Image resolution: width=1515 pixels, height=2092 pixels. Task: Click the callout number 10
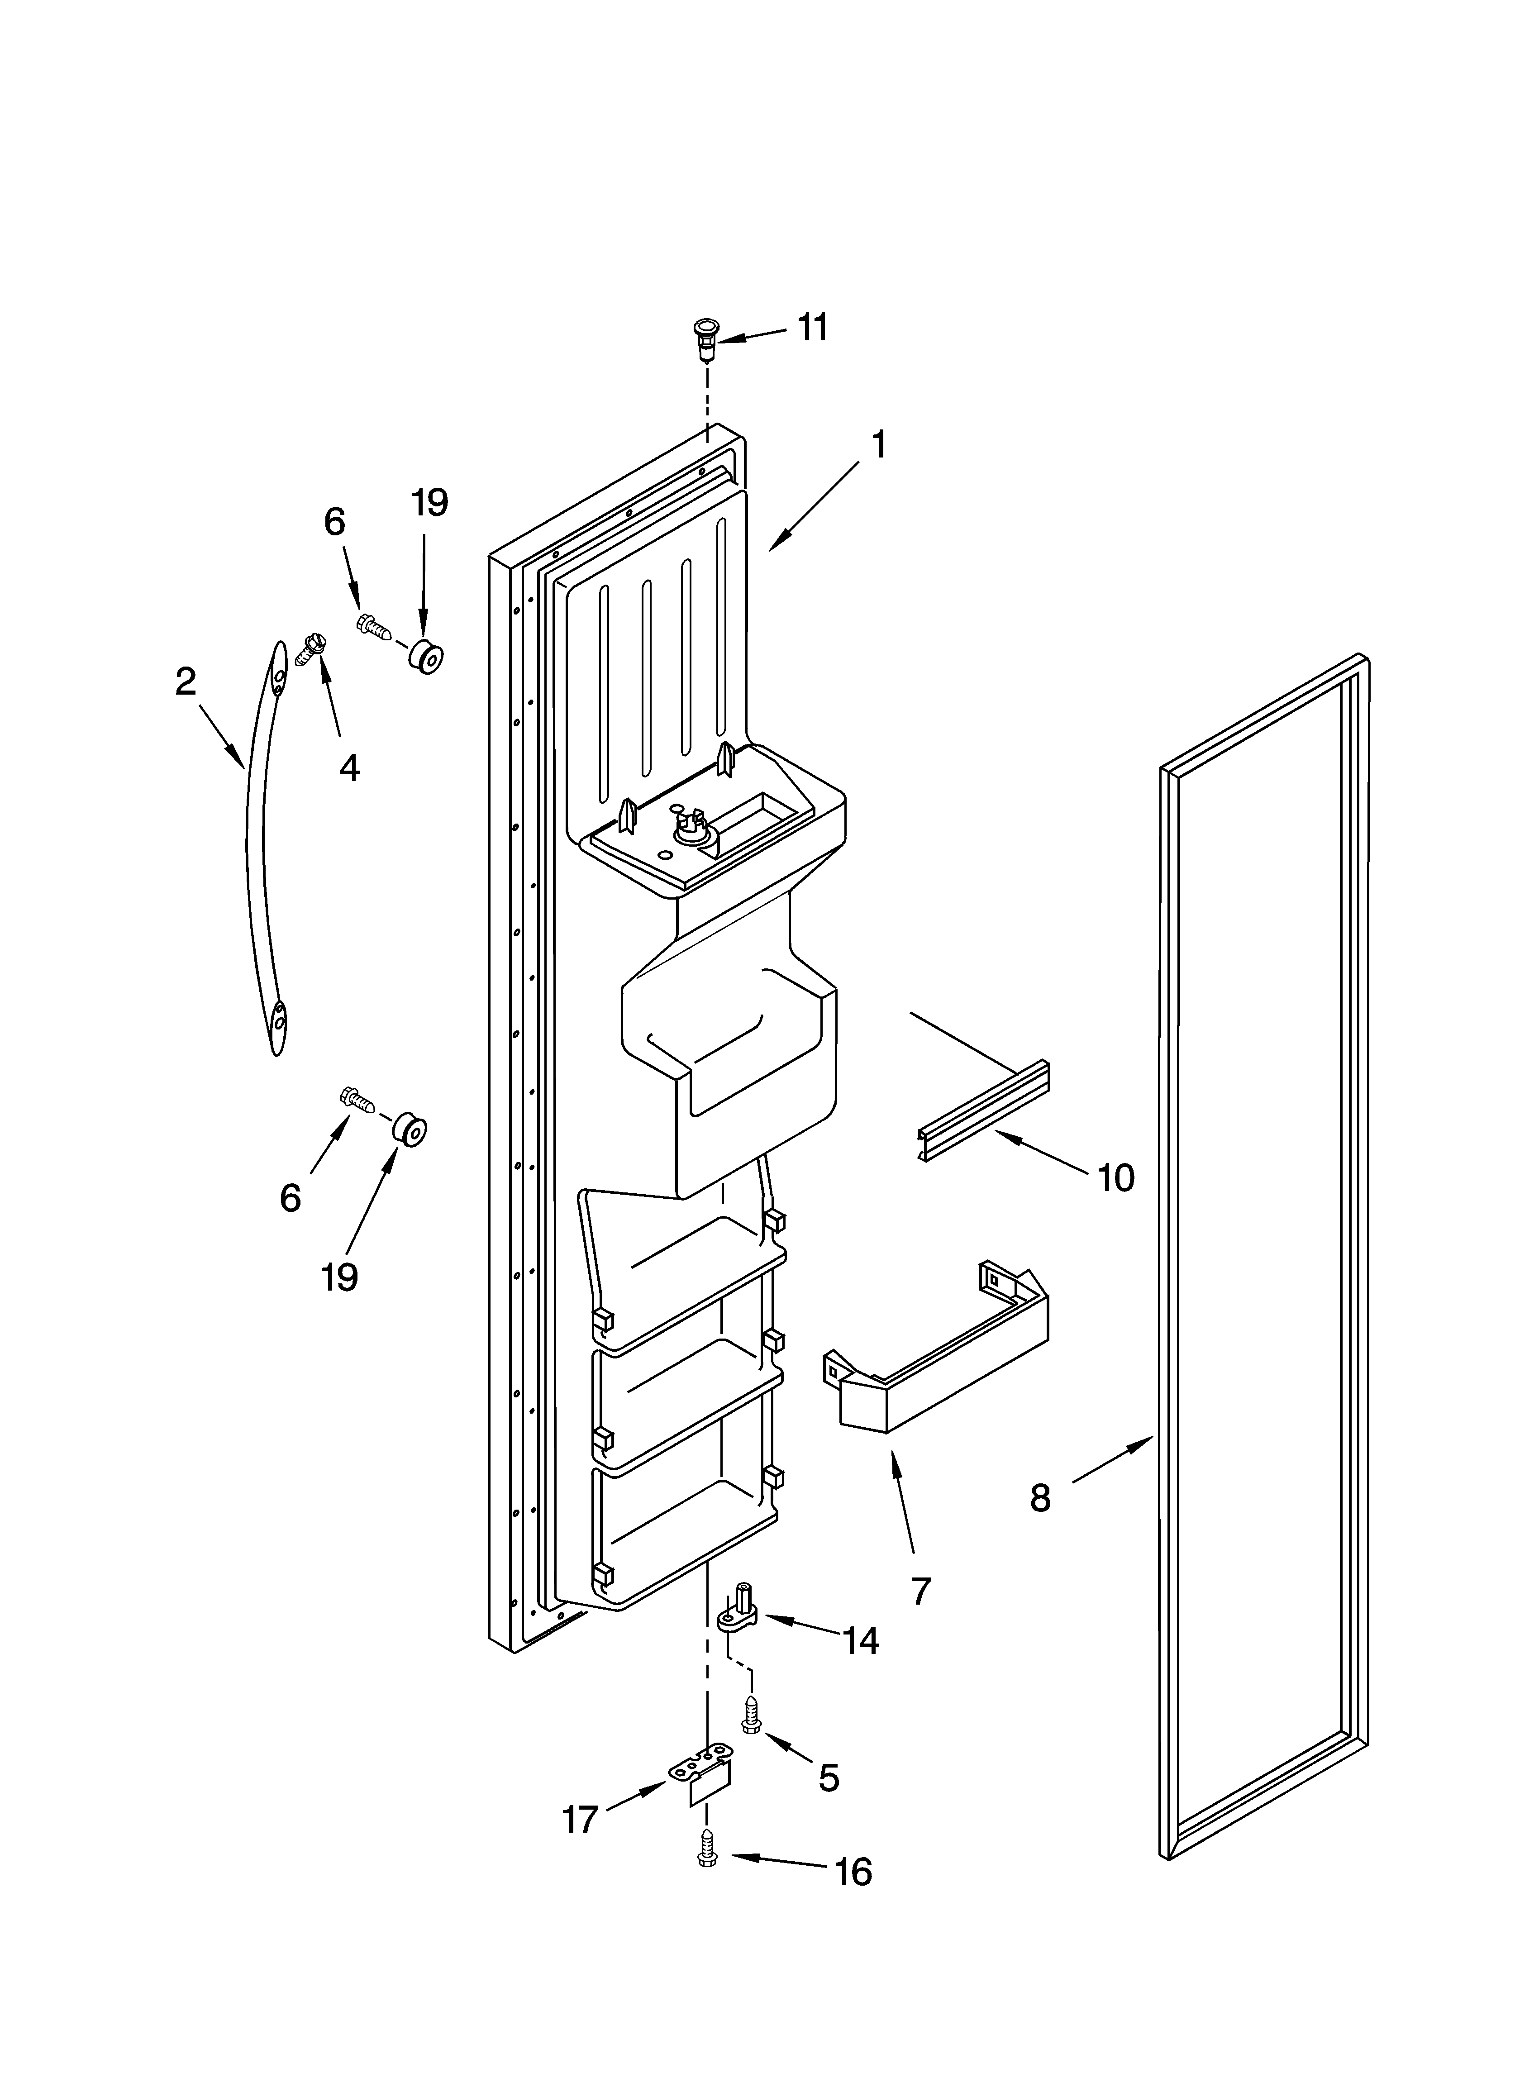click(x=1115, y=1178)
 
